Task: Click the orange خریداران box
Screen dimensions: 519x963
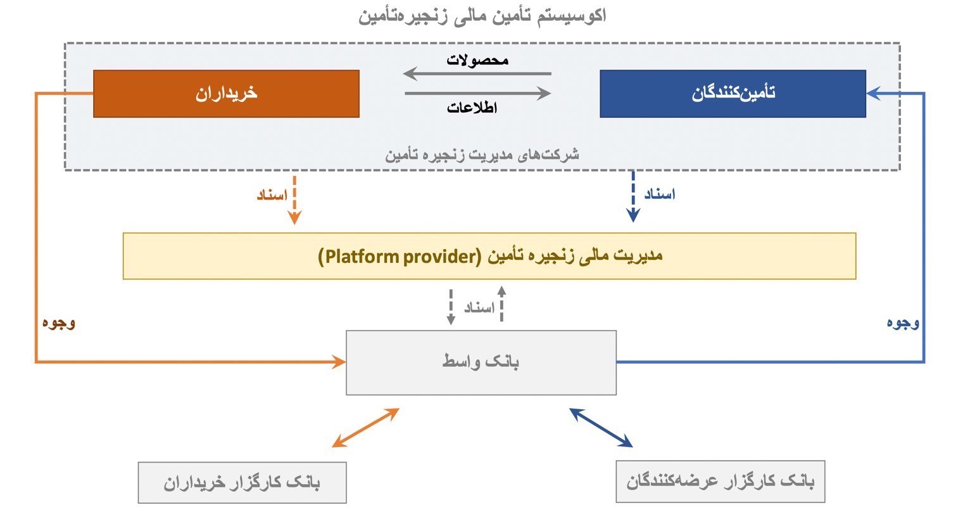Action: click(226, 94)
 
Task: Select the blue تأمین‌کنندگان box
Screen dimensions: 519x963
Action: click(733, 94)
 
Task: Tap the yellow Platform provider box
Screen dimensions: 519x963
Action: click(489, 256)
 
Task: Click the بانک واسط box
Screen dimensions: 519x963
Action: click(481, 362)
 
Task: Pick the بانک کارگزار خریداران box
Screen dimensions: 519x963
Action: click(242, 482)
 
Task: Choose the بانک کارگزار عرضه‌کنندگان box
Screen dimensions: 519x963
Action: click(720, 482)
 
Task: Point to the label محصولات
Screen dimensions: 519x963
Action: click(477, 60)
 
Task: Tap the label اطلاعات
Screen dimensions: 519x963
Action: click(472, 108)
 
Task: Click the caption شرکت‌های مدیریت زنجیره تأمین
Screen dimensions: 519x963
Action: click(482, 155)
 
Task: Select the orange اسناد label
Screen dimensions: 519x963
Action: click(272, 195)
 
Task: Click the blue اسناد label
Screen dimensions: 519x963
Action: click(660, 194)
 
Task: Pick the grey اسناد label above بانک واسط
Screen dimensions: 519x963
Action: click(479, 308)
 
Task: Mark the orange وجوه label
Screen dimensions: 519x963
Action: click(59, 323)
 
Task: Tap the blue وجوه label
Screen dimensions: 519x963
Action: click(903, 323)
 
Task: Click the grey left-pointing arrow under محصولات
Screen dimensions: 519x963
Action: click(477, 74)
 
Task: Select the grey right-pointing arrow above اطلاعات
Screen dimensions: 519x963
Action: click(477, 93)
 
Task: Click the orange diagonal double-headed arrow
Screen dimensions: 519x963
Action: click(365, 428)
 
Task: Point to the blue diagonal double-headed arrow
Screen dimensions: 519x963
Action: click(601, 428)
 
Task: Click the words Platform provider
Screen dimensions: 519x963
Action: click(400, 256)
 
